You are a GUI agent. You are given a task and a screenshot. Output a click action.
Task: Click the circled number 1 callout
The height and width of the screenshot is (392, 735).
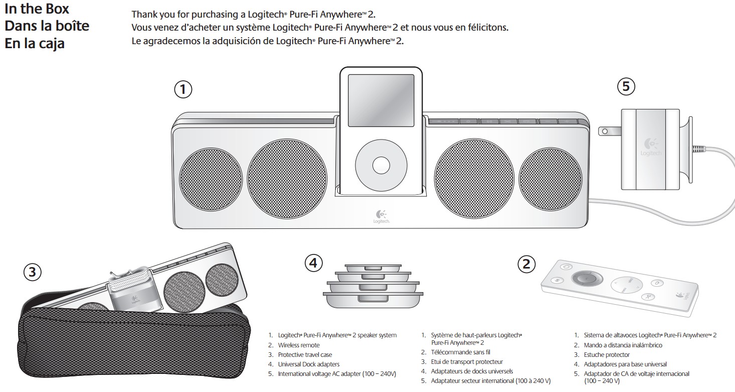(183, 89)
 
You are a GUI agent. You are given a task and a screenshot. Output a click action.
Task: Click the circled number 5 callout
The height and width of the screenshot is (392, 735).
(626, 87)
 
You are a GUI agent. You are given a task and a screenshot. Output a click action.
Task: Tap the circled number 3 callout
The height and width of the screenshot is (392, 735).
(33, 272)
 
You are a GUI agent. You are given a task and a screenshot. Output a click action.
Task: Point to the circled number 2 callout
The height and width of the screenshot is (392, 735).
(526, 264)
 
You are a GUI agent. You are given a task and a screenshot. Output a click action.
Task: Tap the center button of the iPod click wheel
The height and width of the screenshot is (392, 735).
(381, 165)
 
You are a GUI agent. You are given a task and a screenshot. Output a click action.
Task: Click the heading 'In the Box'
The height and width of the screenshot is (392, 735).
(37, 9)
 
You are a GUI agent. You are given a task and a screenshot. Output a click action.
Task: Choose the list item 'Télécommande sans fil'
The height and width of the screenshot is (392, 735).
(460, 352)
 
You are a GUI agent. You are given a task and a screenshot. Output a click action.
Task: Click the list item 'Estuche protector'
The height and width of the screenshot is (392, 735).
(607, 355)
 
